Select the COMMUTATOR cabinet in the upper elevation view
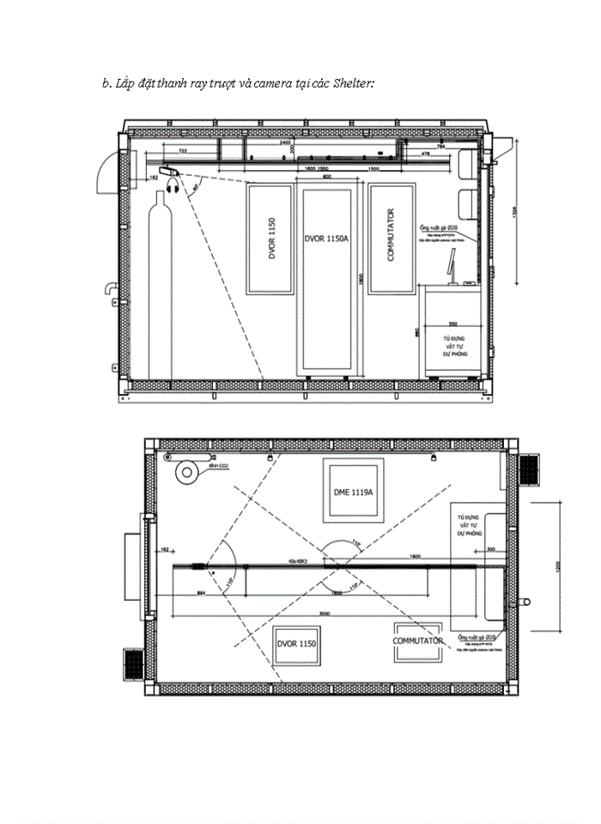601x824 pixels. pos(391,239)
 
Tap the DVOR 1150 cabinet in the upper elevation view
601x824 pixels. pos(270,239)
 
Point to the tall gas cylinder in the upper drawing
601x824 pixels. pos(160,283)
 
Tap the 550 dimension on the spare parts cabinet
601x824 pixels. pos(452,324)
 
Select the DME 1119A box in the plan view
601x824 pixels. pos(352,492)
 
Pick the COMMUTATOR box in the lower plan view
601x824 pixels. pos(418,641)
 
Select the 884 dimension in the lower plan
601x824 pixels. pos(201,592)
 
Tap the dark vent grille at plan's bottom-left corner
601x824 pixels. pos(134,662)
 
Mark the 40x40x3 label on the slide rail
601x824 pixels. pos(302,560)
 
